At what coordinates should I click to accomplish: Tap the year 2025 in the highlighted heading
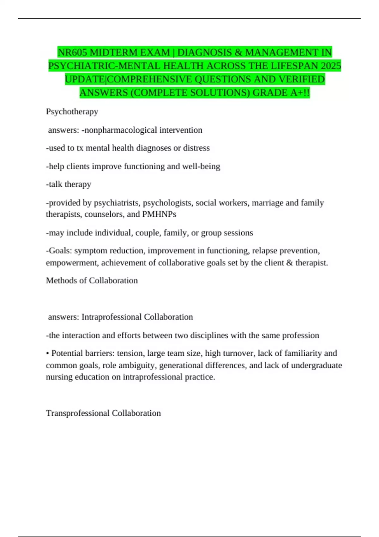[x=331, y=66]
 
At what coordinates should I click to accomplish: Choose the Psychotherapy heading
[x=72, y=112]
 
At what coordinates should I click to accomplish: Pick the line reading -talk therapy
[x=69, y=184]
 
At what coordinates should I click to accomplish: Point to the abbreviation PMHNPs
[x=159, y=214]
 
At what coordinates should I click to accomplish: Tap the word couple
[x=148, y=232]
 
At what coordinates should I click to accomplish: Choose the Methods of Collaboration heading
[x=92, y=281]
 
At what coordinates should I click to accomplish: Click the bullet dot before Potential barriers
[x=48, y=353]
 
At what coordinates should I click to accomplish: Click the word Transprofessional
[x=78, y=413]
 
